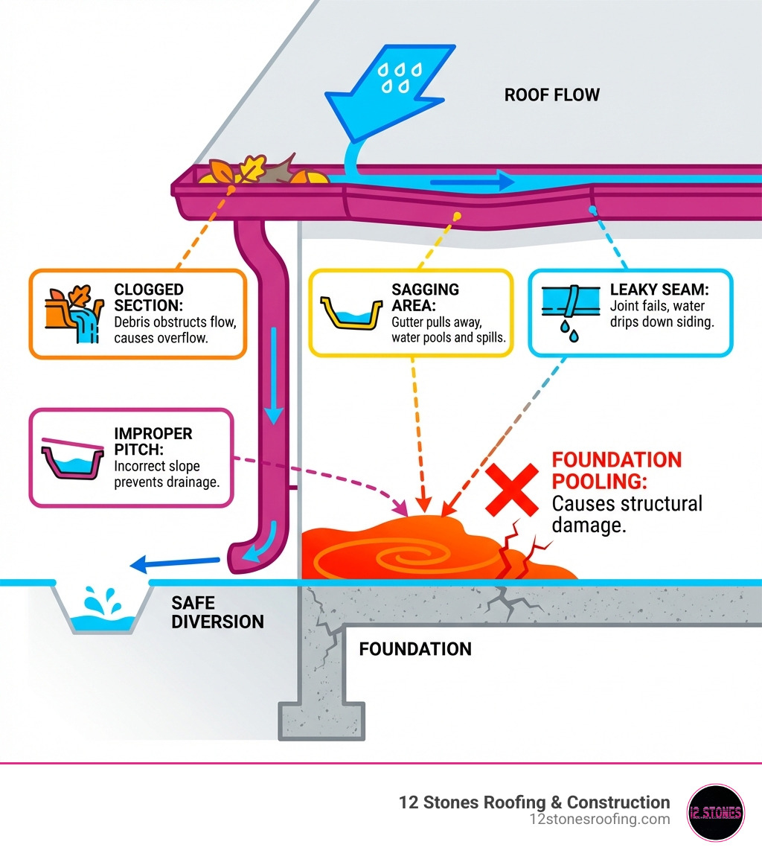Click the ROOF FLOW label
coord(551,95)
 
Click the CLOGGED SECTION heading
coord(149,297)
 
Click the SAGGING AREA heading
coord(425,298)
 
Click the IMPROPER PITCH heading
coord(153,441)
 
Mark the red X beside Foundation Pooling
coord(511,489)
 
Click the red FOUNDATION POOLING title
coord(616,470)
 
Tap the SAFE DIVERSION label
coord(217,612)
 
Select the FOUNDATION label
coord(415,649)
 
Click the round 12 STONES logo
coord(715,812)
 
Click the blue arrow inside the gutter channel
coord(473,181)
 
